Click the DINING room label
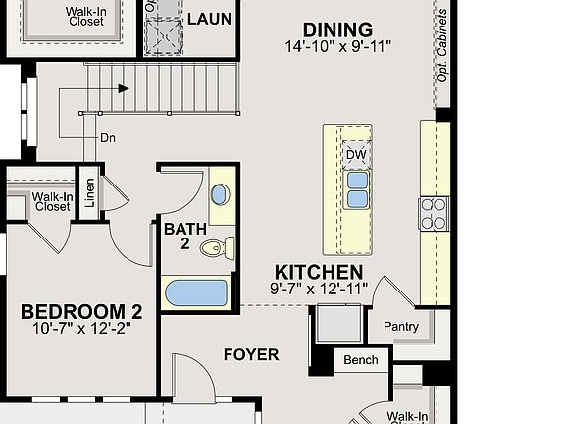click(336, 29)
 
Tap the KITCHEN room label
click(318, 272)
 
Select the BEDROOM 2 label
click(81, 312)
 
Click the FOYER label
click(250, 354)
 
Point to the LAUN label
click(209, 18)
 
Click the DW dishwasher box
click(355, 154)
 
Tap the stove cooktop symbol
click(434, 211)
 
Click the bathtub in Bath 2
click(196, 293)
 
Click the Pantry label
click(401, 327)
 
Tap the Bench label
click(360, 360)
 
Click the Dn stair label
click(107, 138)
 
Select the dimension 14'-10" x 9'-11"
click(336, 46)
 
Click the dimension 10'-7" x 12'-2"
click(81, 328)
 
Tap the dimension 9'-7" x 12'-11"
click(318, 288)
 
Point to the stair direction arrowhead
click(124, 88)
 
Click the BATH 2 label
click(184, 237)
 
